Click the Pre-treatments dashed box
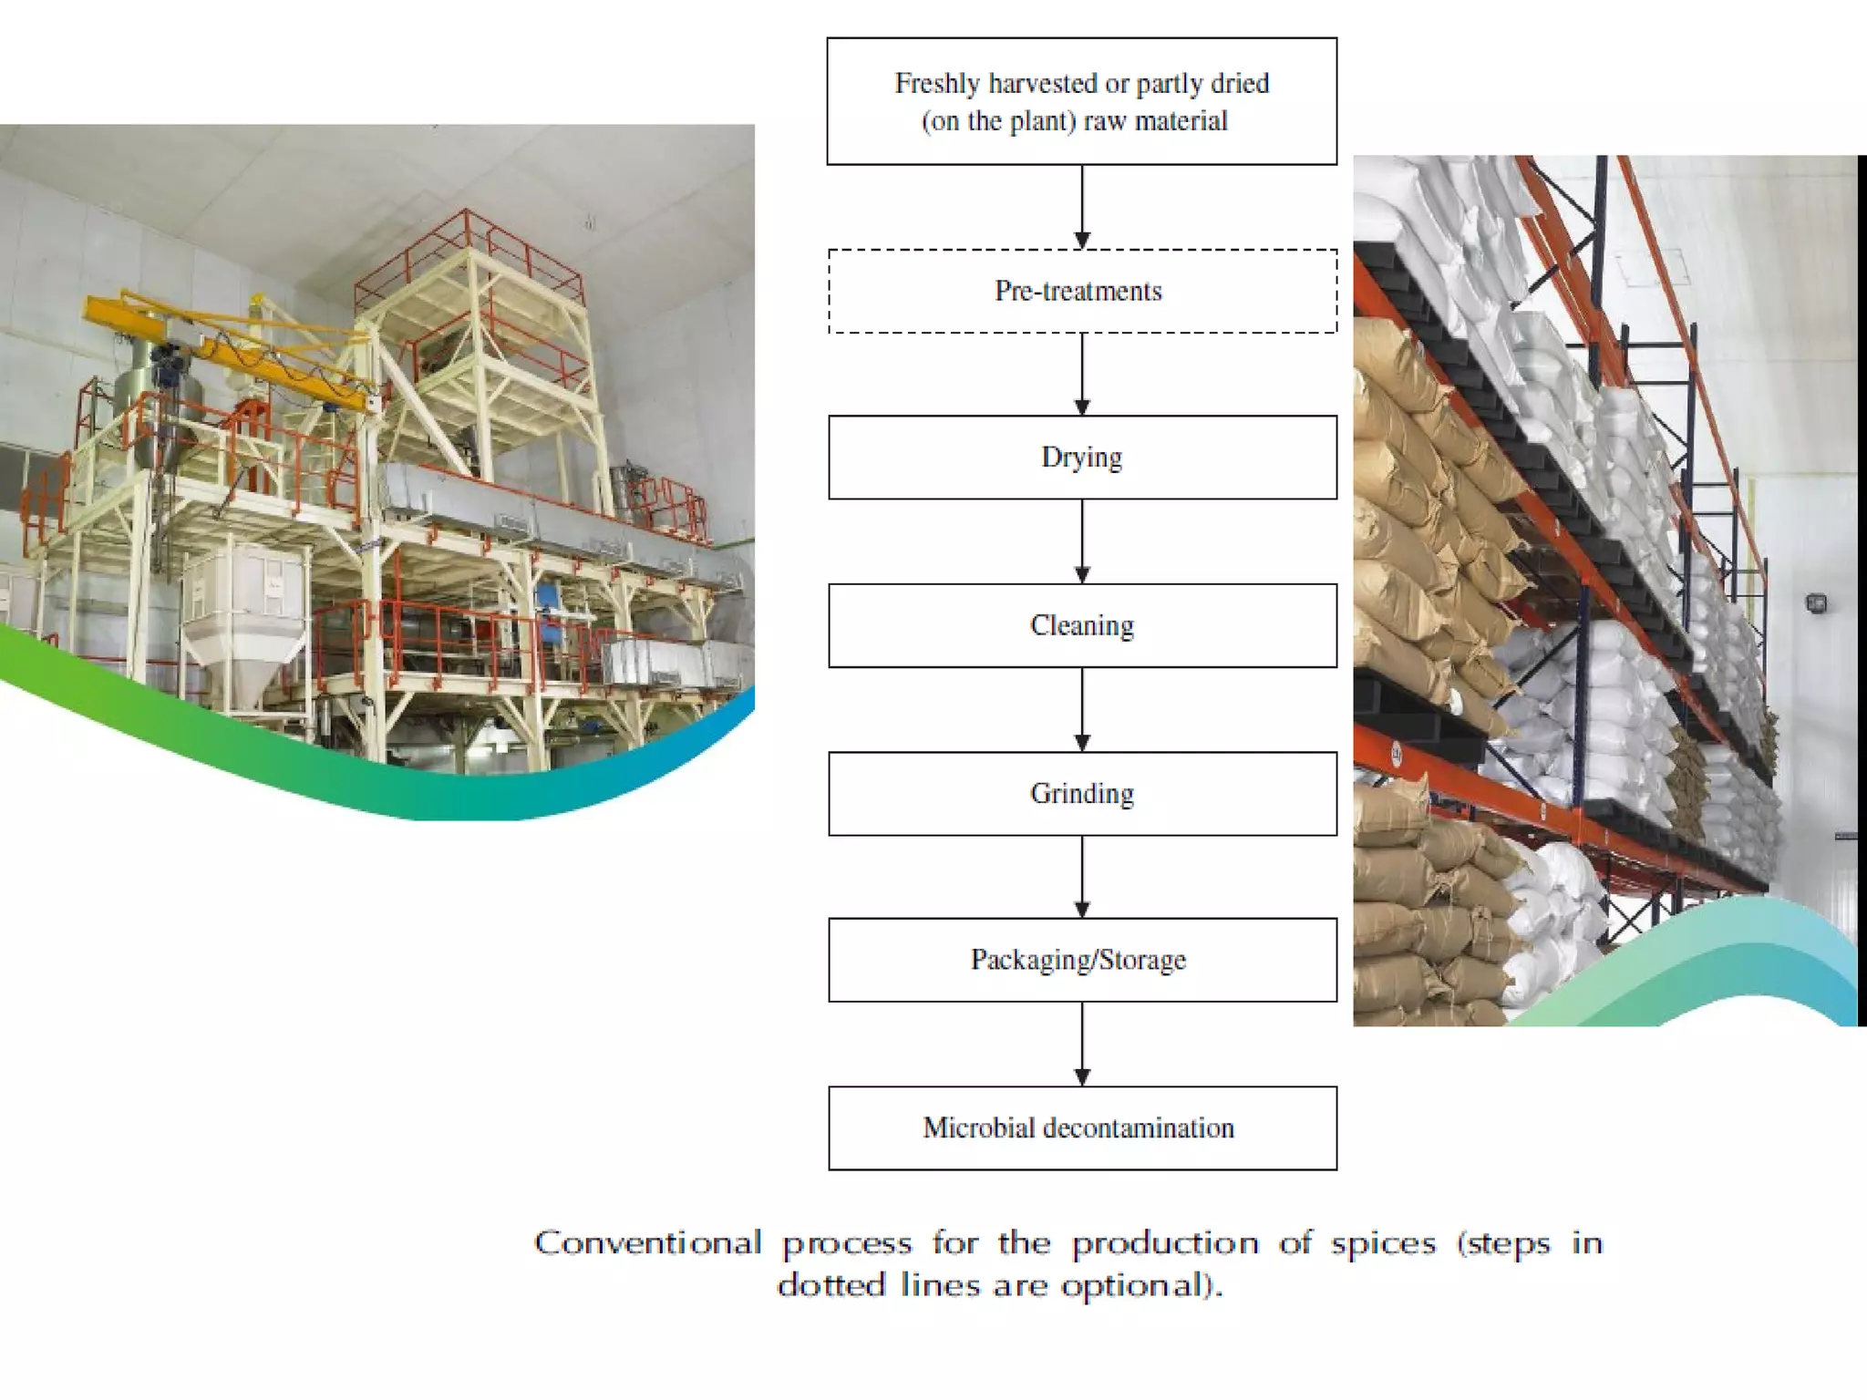pyautogui.click(x=1082, y=291)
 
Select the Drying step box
pyautogui.click(x=1082, y=458)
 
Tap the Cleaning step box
pyautogui.click(x=1082, y=625)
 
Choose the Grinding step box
pyautogui.click(x=1082, y=793)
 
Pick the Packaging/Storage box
pyautogui.click(x=1082, y=960)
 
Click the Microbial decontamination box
pyautogui.click(x=1082, y=1127)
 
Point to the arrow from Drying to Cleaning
pyautogui.click(x=1082, y=541)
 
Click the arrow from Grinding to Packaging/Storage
pyautogui.click(x=1082, y=877)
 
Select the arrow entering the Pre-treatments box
pyautogui.click(x=1082, y=207)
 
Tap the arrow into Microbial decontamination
pyautogui.click(x=1082, y=1045)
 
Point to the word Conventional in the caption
pyautogui.click(x=647, y=1243)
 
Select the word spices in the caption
pyautogui.click(x=1383, y=1244)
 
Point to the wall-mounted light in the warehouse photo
pyautogui.click(x=1816, y=602)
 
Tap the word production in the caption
pyautogui.click(x=1165, y=1244)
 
